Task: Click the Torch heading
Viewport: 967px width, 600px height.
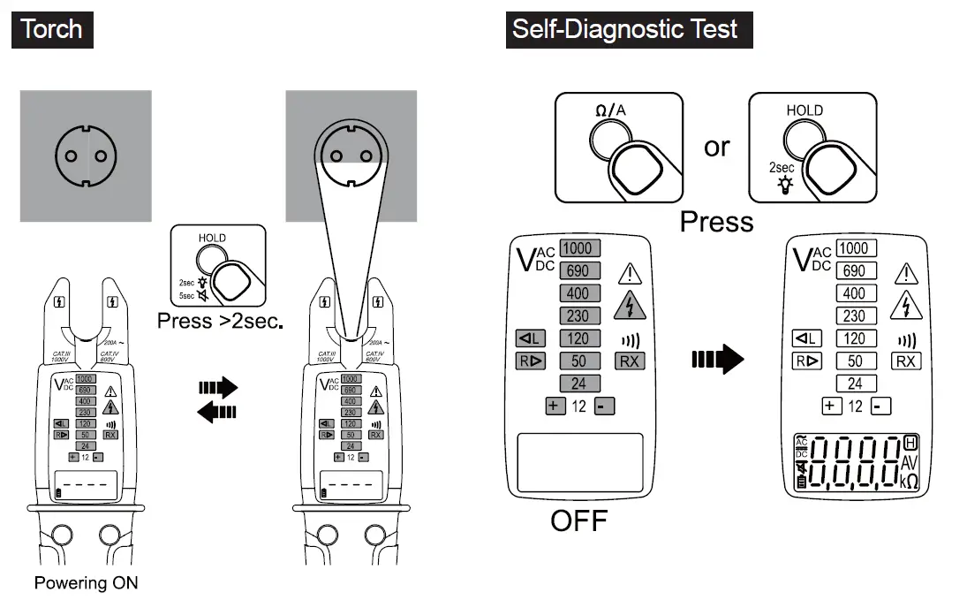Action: pyautogui.click(x=51, y=28)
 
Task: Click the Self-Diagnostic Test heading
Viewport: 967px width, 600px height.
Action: pyautogui.click(x=624, y=28)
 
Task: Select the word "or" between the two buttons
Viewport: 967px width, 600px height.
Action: pyautogui.click(x=717, y=147)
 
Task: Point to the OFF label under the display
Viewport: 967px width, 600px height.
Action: pyautogui.click(x=578, y=520)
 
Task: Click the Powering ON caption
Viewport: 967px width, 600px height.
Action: pyautogui.click(x=86, y=583)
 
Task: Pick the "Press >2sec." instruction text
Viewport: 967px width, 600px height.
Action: pyautogui.click(x=220, y=321)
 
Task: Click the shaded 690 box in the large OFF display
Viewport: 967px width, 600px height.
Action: pyautogui.click(x=579, y=270)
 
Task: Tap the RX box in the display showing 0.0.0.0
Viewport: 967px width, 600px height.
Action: pyautogui.click(x=907, y=361)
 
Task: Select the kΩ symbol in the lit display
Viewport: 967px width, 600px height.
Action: pyautogui.click(x=910, y=481)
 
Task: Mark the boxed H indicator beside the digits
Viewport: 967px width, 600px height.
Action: pyautogui.click(x=910, y=442)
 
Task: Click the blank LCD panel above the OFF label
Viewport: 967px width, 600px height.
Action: pyautogui.click(x=579, y=463)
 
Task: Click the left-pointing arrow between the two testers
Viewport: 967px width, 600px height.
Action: pyautogui.click(x=217, y=411)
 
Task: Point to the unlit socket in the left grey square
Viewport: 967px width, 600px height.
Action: pyautogui.click(x=86, y=156)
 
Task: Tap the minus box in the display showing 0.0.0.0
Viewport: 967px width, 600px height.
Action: pyautogui.click(x=880, y=406)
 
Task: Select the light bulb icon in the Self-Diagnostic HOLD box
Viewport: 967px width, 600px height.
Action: pyautogui.click(x=781, y=184)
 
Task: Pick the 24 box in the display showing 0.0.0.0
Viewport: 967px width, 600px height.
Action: pyautogui.click(x=855, y=384)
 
